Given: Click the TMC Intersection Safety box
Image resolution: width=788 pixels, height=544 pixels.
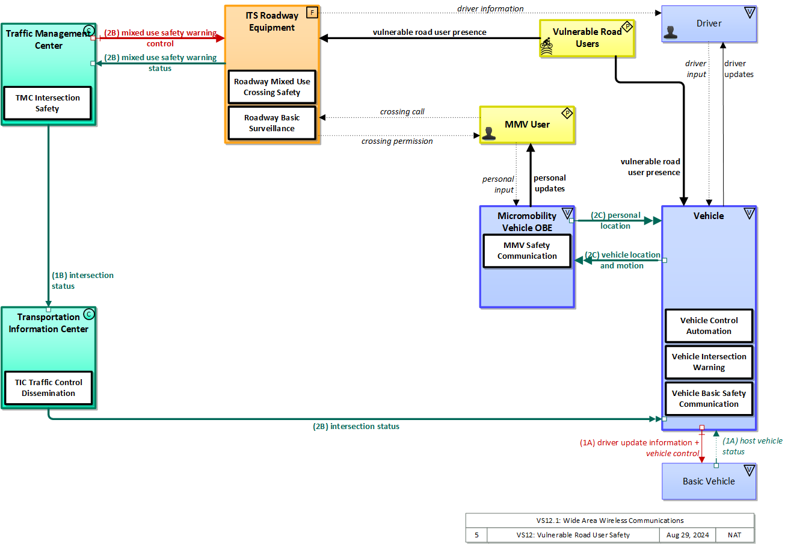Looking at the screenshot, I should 48,103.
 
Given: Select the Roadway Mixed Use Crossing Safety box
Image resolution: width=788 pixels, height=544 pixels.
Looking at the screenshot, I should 272,87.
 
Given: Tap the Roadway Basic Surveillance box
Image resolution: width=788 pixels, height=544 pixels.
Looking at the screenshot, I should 272,123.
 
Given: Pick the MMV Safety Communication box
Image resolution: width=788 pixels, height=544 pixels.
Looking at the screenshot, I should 527,250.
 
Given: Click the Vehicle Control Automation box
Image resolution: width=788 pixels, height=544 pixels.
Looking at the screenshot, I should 709,326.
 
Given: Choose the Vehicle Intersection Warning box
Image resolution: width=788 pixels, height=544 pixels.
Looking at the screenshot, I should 709,362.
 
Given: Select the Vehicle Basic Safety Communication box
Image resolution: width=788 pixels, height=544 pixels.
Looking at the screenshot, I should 709,398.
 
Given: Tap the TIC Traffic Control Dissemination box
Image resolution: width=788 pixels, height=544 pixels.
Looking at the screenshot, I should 48,388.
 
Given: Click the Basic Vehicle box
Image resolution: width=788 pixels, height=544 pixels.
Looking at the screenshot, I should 709,481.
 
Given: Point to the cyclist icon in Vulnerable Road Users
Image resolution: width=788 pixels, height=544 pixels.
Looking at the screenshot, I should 546,46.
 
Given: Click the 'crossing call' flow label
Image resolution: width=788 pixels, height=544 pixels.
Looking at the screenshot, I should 402,112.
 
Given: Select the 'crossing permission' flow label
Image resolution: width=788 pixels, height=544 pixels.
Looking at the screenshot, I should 397,141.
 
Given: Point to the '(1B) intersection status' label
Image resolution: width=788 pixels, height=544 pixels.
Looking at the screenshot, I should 82,280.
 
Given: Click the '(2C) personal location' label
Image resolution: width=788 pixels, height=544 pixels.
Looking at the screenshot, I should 615,220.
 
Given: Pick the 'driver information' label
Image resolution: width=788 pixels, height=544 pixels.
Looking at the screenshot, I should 490,8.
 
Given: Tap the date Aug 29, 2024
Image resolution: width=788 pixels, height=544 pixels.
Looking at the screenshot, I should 687,534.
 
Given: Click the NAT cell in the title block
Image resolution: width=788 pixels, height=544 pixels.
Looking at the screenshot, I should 734,534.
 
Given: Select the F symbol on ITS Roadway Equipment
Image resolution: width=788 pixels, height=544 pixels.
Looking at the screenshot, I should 312,13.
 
